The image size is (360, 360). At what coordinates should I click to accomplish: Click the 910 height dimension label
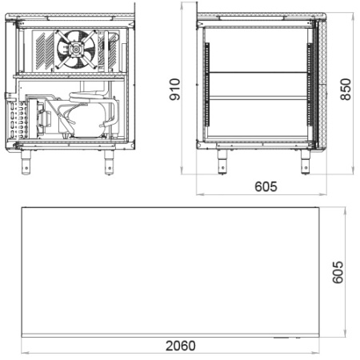pyautogui.click(x=174, y=90)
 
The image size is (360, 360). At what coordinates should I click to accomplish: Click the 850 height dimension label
pyautogui.click(x=346, y=90)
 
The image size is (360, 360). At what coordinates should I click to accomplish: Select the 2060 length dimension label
pyautogui.click(x=181, y=346)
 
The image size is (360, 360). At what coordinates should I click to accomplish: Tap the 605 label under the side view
pyautogui.click(x=266, y=186)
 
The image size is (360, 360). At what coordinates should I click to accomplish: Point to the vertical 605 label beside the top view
pyautogui.click(x=338, y=272)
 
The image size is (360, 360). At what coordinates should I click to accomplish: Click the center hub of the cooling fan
pyautogui.click(x=76, y=50)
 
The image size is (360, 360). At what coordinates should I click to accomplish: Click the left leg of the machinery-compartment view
pyautogui.click(x=26, y=162)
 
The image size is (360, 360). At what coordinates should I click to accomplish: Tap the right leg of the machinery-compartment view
pyautogui.click(x=109, y=162)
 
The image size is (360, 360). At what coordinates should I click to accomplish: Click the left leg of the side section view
pyautogui.click(x=222, y=162)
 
